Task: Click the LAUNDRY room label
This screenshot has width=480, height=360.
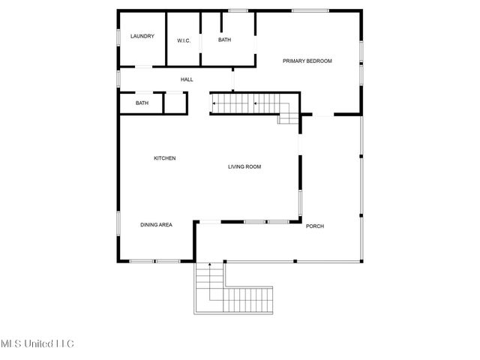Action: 142,36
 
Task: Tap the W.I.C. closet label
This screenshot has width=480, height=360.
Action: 184,40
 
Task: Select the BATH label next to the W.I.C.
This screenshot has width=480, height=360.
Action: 225,40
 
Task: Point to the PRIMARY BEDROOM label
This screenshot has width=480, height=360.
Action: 307,61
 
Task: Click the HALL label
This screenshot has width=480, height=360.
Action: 187,79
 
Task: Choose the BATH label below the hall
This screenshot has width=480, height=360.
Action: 142,103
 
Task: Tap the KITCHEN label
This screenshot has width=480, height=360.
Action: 165,158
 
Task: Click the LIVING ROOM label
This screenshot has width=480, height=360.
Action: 244,166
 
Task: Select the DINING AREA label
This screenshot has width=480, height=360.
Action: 156,224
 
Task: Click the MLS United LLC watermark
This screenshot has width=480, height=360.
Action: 37,344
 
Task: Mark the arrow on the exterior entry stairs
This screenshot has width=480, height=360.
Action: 209,266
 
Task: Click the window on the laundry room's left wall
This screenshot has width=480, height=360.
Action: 118,37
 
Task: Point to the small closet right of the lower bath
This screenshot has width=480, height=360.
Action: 174,103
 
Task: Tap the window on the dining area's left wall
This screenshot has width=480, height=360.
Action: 118,223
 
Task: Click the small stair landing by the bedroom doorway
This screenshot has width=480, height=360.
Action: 289,117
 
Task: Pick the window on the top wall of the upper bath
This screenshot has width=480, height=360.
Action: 238,10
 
